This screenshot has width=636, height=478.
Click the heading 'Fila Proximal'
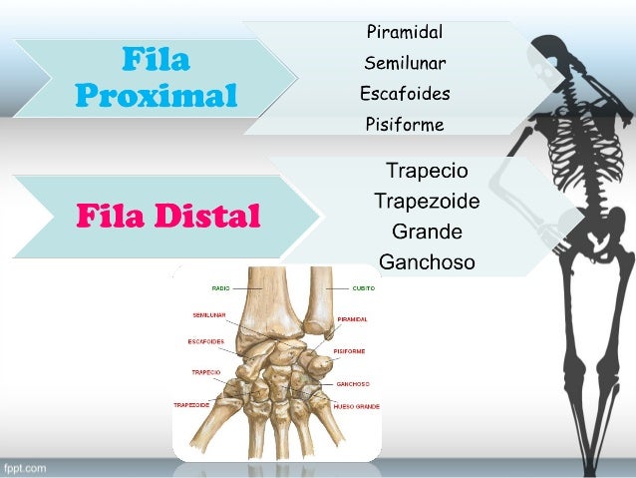coord(156,79)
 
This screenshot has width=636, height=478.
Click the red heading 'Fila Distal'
coord(167,216)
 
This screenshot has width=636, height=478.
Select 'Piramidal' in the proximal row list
coord(405,32)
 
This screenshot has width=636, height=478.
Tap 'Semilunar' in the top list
coord(405,63)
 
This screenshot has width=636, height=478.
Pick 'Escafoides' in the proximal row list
coord(405,94)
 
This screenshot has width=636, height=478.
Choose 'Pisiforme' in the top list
coord(405,125)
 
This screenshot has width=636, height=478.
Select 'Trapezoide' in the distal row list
coord(427,202)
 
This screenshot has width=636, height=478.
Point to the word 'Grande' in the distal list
coord(427,233)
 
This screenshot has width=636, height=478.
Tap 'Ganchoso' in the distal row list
coord(427,263)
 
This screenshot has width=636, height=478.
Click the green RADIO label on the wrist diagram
coord(220,287)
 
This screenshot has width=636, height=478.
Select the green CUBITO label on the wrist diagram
coord(363,287)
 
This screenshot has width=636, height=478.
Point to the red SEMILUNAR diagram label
coord(209,314)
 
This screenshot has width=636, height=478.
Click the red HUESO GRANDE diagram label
coord(356,407)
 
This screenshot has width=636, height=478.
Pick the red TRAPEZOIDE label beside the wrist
coord(191,405)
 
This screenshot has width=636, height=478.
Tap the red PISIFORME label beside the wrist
coord(350,351)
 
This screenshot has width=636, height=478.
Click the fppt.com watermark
coord(24,467)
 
